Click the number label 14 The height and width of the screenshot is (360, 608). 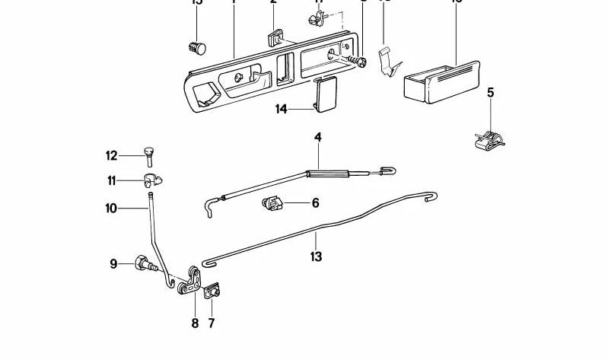coord(282,110)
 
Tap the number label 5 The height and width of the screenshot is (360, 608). coord(490,93)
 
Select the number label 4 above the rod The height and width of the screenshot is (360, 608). coord(317,138)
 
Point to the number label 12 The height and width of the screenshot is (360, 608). coord(112,156)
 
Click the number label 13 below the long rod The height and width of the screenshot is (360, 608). coord(316,256)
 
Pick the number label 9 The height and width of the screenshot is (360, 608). coord(113,264)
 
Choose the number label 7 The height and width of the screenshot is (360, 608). coord(212,323)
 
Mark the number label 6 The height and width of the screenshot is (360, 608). coord(294,203)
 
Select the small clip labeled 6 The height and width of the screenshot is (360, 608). coord(272,204)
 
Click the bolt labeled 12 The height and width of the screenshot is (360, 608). coord(148,156)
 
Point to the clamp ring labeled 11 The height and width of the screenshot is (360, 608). coord(152,181)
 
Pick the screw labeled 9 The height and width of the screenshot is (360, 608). coord(145,265)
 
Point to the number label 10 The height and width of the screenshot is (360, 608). coord(111,207)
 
